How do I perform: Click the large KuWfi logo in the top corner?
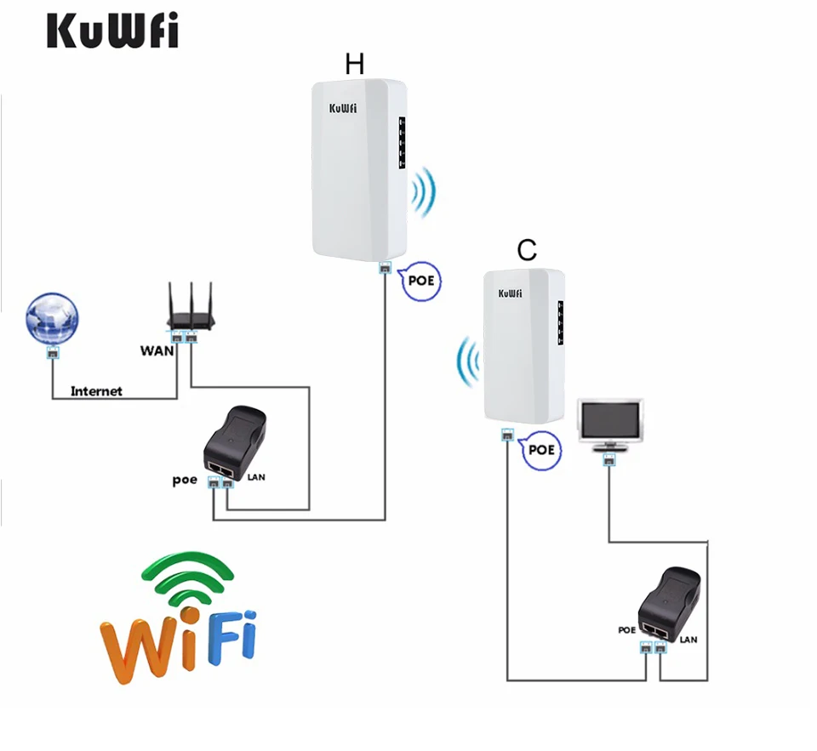[x=111, y=31]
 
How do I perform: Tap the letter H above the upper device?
[x=355, y=63]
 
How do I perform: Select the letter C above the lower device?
[x=528, y=249]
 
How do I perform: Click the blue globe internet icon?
[x=52, y=320]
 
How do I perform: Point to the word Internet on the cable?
[x=96, y=391]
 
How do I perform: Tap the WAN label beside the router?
[x=157, y=350]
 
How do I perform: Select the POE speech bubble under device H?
[x=422, y=280]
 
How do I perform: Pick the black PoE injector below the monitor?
[x=671, y=603]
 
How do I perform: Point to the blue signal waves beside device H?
[x=423, y=192]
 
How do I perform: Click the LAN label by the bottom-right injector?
[x=688, y=639]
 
